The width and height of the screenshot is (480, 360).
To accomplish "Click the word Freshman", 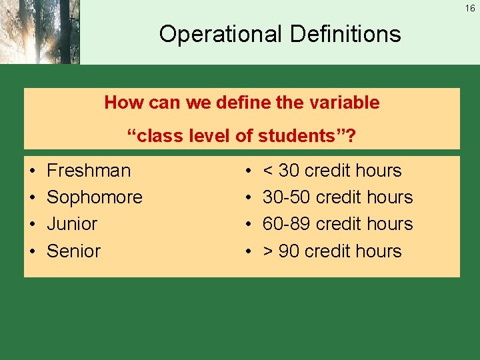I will [x=89, y=171].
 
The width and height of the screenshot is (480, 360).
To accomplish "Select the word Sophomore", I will [x=95, y=197].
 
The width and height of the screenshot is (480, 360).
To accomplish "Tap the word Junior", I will [x=72, y=224].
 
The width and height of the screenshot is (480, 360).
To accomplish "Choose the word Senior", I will [x=73, y=251].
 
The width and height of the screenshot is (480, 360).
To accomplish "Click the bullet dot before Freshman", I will [x=33, y=171].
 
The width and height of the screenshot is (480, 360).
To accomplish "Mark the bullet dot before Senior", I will [x=33, y=252].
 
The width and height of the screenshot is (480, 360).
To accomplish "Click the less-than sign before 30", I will [x=268, y=171].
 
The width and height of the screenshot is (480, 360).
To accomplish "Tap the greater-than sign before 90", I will [x=268, y=252].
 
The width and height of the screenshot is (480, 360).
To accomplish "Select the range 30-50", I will [x=287, y=197].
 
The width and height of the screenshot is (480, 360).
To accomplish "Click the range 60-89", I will [x=287, y=224].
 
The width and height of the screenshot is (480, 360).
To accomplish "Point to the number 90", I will [x=289, y=251].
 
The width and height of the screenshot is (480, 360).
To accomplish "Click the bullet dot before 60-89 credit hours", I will [x=249, y=225].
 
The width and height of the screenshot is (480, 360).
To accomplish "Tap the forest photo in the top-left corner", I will [x=39, y=32].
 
